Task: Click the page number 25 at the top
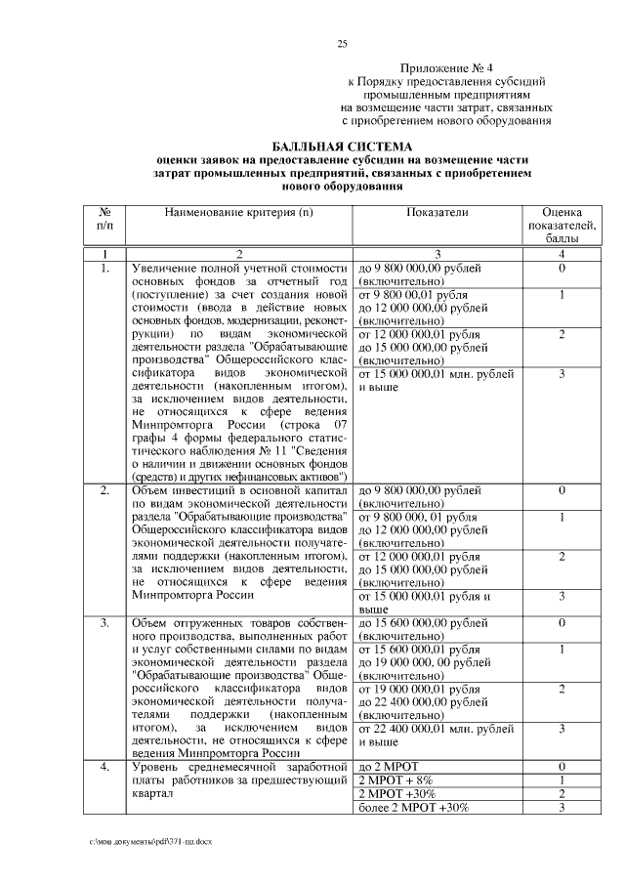pos(342,43)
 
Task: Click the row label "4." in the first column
pos(105,768)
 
